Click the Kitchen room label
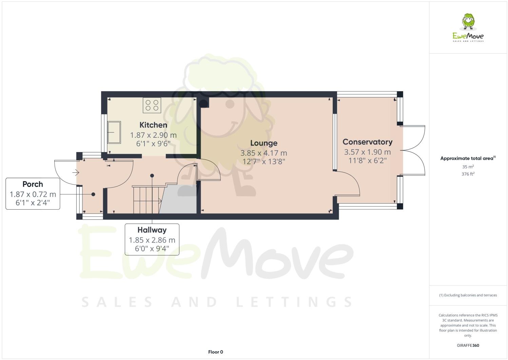(153, 125)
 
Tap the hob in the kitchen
(152, 105)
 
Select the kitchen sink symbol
(114, 132)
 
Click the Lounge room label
(263, 143)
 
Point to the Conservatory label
(367, 142)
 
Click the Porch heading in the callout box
(33, 184)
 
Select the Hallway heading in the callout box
(152, 230)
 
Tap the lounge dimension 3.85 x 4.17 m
(263, 153)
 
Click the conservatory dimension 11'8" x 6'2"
(367, 160)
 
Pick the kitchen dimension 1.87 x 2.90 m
(153, 135)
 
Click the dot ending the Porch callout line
(93, 194)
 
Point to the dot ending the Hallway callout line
(152, 175)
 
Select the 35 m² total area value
(468, 167)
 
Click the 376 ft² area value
(468, 174)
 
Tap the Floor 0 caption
(215, 352)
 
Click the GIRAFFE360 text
(468, 345)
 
